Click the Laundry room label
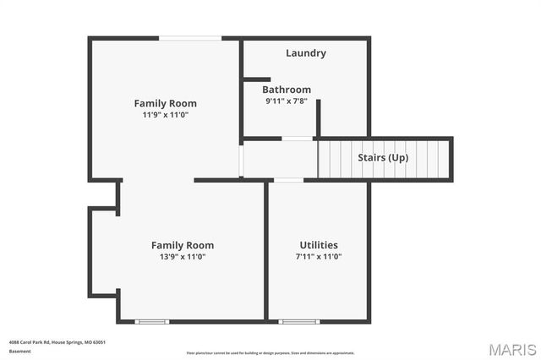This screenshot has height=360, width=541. [x=305, y=53]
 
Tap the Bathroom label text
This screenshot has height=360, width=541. [x=286, y=90]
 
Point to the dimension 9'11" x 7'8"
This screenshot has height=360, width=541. [x=286, y=101]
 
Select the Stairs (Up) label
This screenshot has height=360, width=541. [x=384, y=158]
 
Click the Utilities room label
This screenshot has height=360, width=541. [x=319, y=245]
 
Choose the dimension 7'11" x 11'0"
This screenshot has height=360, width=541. [x=319, y=256]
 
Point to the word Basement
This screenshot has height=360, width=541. [x=19, y=351]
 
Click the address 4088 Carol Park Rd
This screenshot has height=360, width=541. [x=38, y=342]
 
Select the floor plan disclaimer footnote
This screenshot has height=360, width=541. [x=270, y=352]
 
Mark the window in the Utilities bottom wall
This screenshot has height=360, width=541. [x=299, y=320]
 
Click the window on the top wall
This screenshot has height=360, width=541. [x=191, y=37]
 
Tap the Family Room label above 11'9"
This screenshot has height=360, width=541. [x=165, y=103]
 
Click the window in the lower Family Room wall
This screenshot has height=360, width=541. [x=153, y=320]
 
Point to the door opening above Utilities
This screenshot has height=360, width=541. [x=289, y=179]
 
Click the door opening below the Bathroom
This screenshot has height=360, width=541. [x=298, y=138]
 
